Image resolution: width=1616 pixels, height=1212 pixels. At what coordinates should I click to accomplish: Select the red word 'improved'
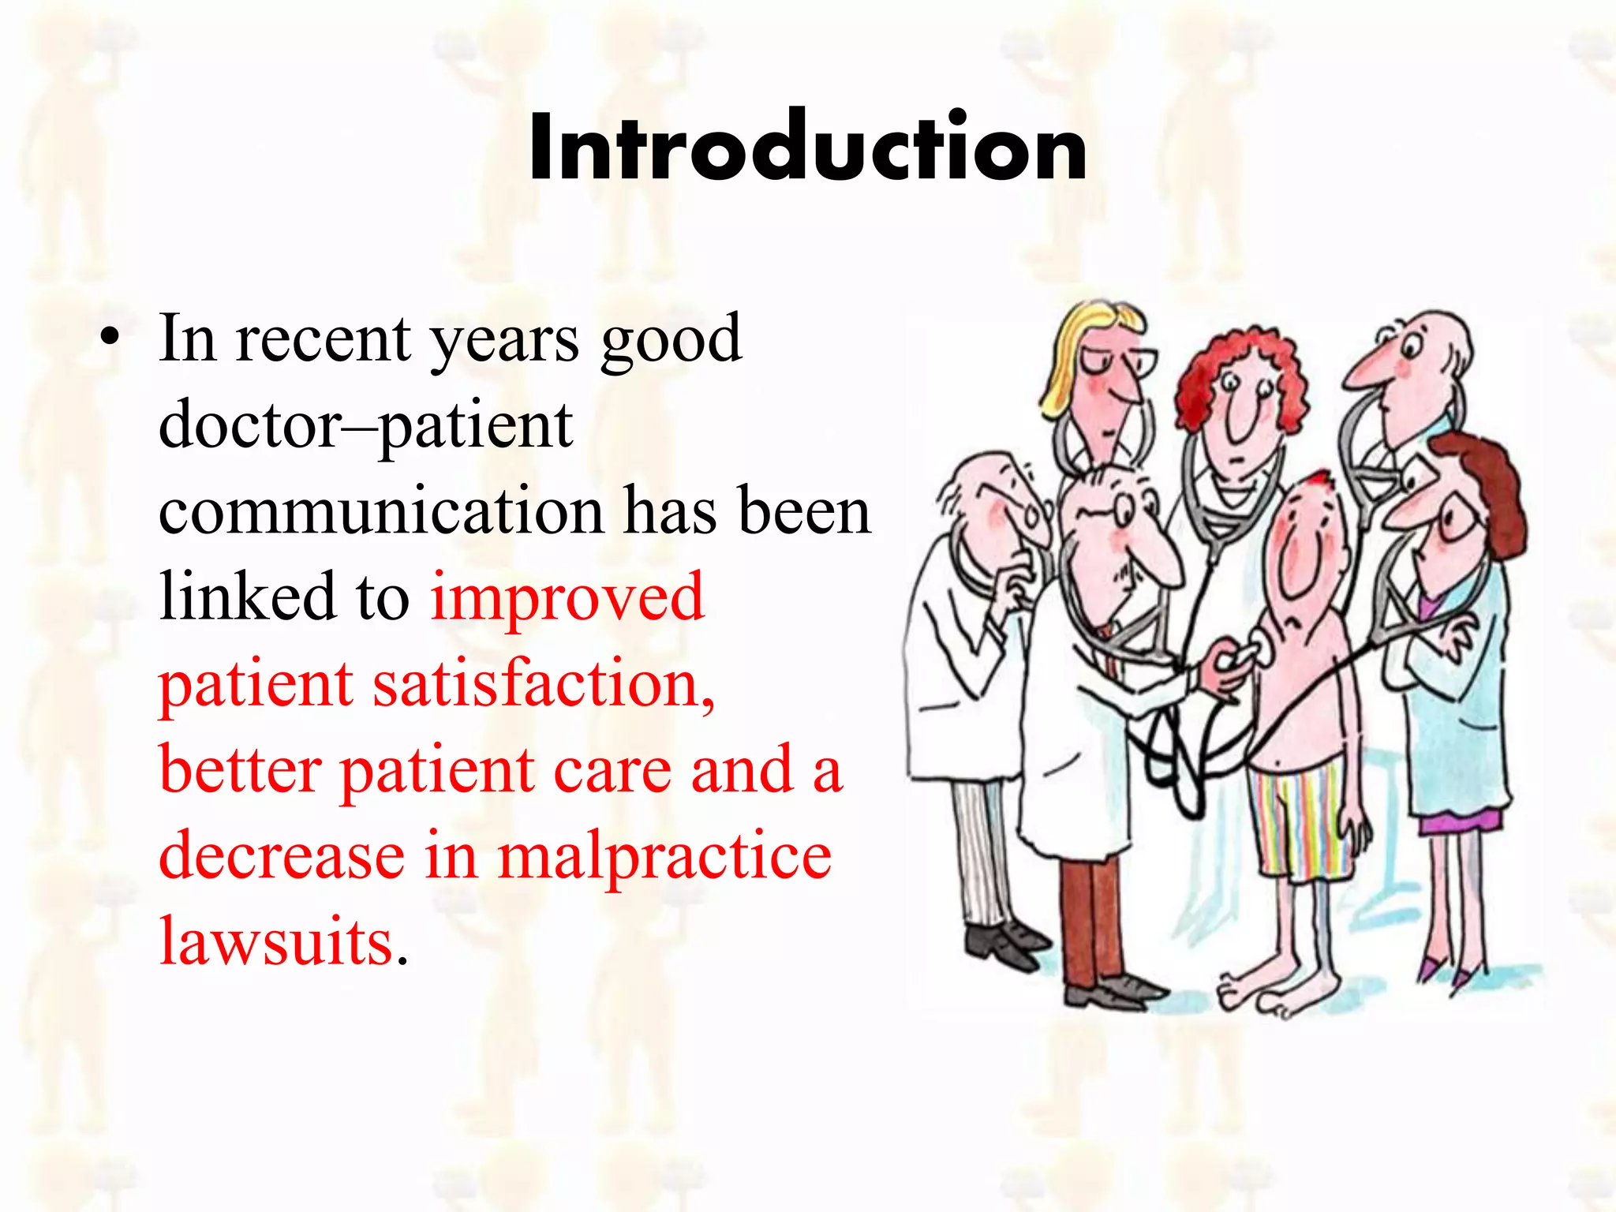567,598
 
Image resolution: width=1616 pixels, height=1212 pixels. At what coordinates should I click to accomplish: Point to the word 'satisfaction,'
544,684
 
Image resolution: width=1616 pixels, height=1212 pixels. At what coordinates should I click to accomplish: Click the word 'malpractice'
664,856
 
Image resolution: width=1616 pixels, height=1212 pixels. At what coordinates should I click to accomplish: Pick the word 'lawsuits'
276,941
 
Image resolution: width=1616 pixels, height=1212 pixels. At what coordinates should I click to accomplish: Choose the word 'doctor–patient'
365,426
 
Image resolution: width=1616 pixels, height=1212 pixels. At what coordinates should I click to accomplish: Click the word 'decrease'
282,856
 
